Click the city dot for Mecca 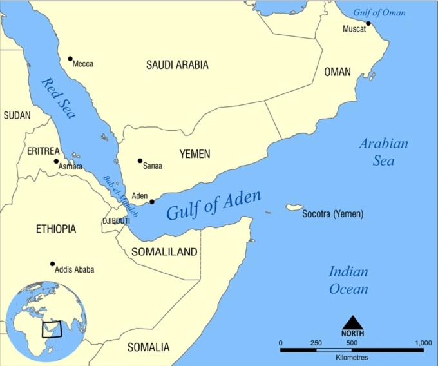[70, 59]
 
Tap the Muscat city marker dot [368, 24]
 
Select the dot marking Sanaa [140, 161]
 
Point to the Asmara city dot [56, 161]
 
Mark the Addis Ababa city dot [52, 264]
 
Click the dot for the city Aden [152, 202]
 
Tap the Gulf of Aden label [213, 205]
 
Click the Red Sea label [58, 99]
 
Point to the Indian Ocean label [348, 280]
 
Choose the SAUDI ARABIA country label [177, 64]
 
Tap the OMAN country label [338, 72]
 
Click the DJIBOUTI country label [116, 221]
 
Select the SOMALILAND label [164, 252]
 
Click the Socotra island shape [294, 207]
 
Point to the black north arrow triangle [352, 322]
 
